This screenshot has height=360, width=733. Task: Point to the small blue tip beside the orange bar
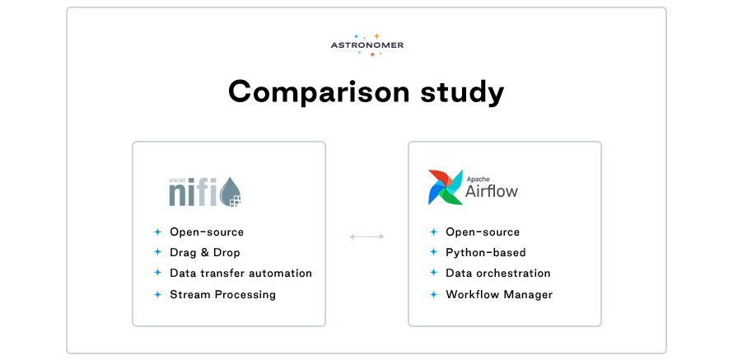pyautogui.click(x=363, y=36)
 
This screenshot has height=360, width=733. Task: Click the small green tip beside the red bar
pyautogui.click(x=364, y=53)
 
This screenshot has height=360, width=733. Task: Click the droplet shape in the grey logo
pyautogui.click(x=227, y=194)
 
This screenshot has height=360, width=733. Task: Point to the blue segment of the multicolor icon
pyautogui.click(x=434, y=196)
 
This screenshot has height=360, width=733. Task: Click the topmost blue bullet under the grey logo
pyautogui.click(x=162, y=232)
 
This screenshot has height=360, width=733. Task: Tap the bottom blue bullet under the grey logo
pyautogui.click(x=162, y=294)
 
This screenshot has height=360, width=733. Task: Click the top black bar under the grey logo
pyautogui.click(x=247, y=232)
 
